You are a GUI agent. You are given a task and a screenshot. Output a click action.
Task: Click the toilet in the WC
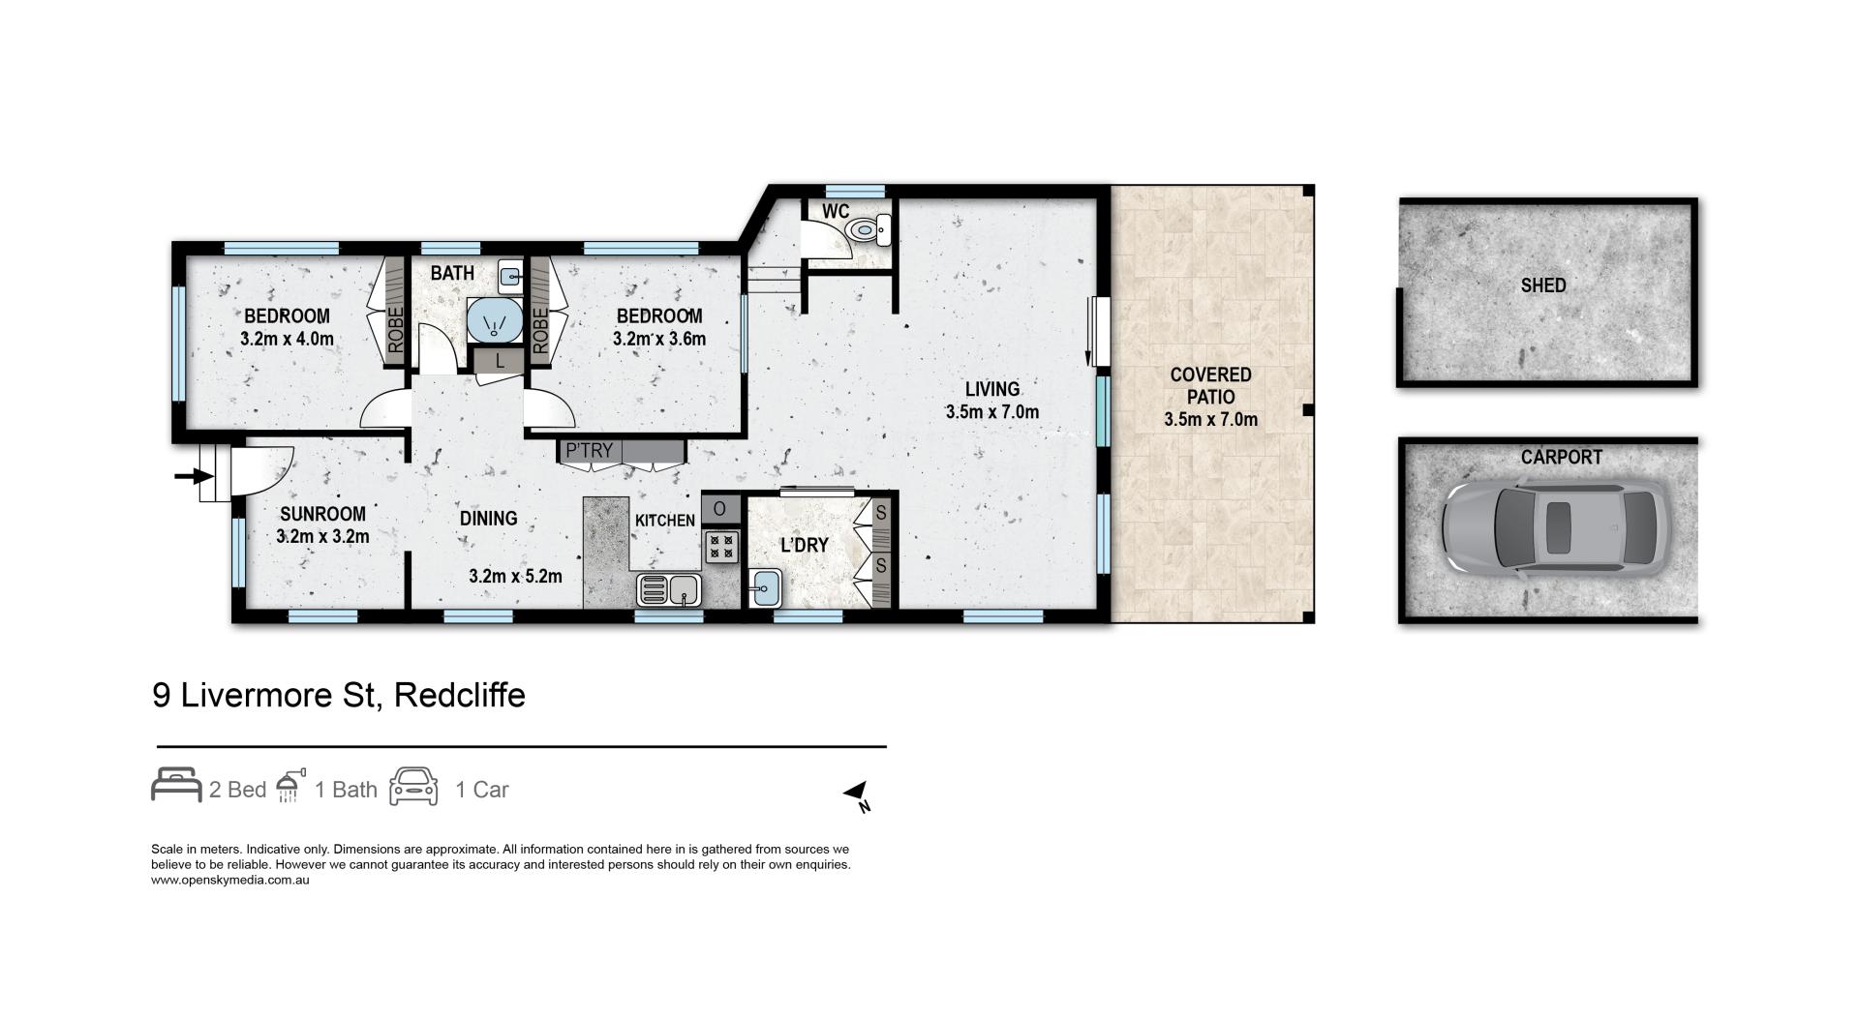[x=865, y=229]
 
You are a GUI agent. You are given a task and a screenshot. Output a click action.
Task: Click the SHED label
[x=1543, y=285]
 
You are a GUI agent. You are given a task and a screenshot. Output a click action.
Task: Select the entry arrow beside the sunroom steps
[x=194, y=475]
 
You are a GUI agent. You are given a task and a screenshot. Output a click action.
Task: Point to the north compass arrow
[x=857, y=795]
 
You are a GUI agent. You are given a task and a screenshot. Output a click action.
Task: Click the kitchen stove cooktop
[x=721, y=547]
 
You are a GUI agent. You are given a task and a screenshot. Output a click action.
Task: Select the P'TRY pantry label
[x=589, y=450]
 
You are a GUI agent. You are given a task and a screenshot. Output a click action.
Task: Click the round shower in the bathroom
[x=494, y=319]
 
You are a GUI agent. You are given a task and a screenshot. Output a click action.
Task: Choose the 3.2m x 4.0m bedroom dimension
[x=287, y=339]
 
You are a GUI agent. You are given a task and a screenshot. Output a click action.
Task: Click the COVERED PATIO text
[x=1210, y=385]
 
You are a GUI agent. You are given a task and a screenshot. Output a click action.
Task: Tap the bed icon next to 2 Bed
[x=176, y=785]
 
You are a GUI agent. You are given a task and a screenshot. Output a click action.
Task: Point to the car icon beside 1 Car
[x=413, y=787]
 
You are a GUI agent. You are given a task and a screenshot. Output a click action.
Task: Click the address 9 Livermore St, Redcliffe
[x=339, y=695]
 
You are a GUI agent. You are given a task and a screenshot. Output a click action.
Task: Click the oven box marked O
[x=720, y=508]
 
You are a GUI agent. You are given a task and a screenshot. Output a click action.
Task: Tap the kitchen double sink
[x=669, y=587]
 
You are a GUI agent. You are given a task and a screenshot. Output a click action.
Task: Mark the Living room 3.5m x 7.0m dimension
[x=992, y=412]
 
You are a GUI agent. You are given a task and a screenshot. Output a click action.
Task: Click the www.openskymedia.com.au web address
[x=230, y=881]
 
